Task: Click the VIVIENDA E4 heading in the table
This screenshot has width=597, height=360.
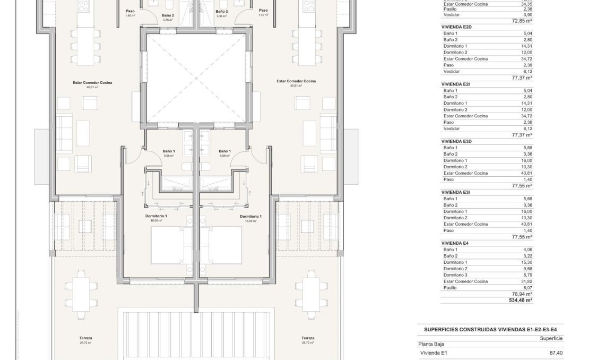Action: [x=455, y=243]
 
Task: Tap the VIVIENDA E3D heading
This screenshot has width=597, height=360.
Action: [x=456, y=141]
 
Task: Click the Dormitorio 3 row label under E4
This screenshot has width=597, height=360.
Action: [x=455, y=275]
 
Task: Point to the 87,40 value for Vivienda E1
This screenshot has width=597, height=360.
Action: [x=556, y=353]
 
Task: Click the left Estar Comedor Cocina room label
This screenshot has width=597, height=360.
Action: [x=92, y=83]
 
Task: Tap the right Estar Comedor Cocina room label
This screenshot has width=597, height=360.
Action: [x=296, y=81]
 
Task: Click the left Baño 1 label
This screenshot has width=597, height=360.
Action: [x=169, y=151]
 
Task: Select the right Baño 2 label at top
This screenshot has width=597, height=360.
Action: [x=222, y=11]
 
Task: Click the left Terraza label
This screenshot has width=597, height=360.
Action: [x=86, y=338]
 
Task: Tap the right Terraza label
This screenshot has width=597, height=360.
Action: [x=307, y=338]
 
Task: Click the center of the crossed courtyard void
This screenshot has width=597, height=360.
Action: [x=196, y=79]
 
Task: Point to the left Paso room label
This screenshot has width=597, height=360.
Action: [x=130, y=11]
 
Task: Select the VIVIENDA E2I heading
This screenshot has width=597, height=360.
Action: [x=455, y=84]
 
